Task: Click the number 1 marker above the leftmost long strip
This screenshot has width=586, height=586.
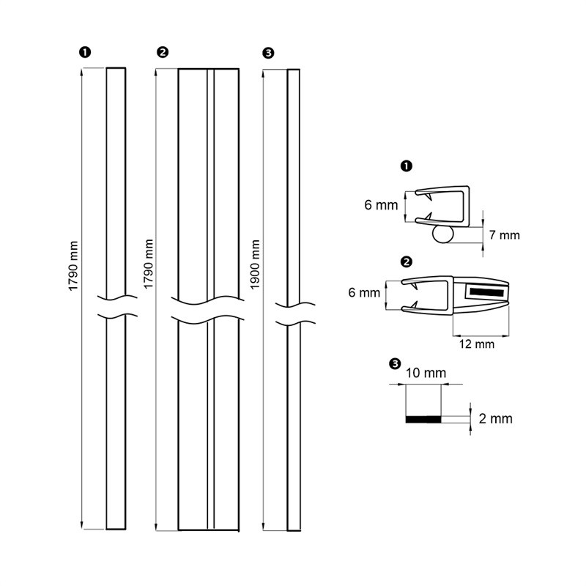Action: click(85, 52)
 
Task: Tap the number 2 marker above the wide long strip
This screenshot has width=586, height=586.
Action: click(163, 52)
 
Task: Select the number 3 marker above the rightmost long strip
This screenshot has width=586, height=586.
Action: click(268, 52)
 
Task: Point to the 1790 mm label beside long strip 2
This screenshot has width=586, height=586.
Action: click(149, 264)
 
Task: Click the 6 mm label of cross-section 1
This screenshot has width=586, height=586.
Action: click(380, 205)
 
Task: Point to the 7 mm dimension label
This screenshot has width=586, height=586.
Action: click(505, 235)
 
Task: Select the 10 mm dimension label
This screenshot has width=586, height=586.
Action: click(426, 373)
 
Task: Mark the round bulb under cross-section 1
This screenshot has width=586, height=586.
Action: click(442, 234)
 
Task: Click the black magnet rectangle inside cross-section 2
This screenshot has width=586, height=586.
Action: click(485, 292)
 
